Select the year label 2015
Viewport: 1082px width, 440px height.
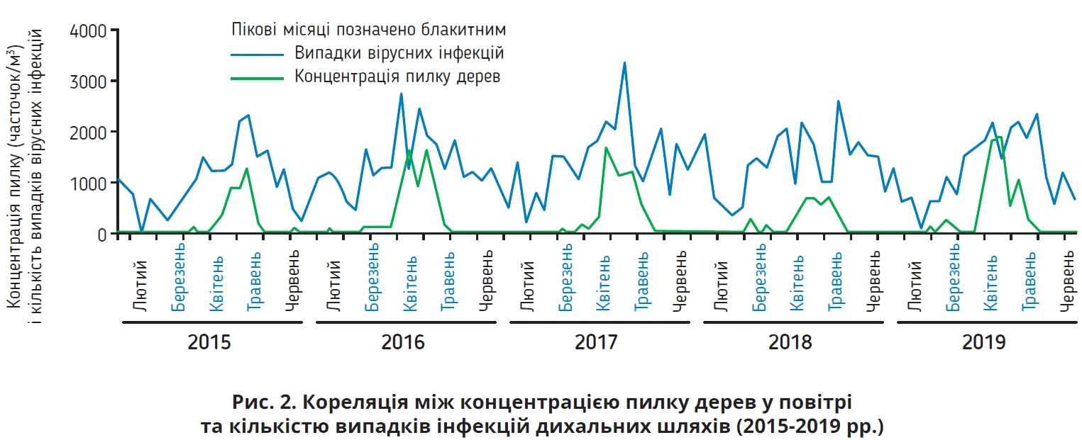209,343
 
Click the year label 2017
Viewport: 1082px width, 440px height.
597,343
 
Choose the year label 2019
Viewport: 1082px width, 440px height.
984,343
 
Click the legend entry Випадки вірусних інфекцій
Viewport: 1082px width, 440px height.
399,54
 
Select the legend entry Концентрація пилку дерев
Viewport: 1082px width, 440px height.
397,77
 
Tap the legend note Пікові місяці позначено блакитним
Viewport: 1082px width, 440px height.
368,30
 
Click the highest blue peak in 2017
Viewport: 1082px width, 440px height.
624,63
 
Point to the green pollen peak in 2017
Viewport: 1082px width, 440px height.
606,148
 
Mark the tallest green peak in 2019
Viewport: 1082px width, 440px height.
998,137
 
